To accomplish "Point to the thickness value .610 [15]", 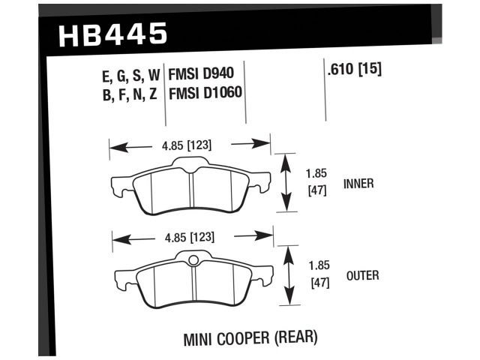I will coord(355,71).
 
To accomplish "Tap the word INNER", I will coord(358,184).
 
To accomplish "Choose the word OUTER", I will coord(362,276).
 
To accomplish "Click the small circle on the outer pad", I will coord(193,261).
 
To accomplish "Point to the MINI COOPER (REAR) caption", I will coord(250,338).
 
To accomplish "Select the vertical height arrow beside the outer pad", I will coord(288,276).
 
